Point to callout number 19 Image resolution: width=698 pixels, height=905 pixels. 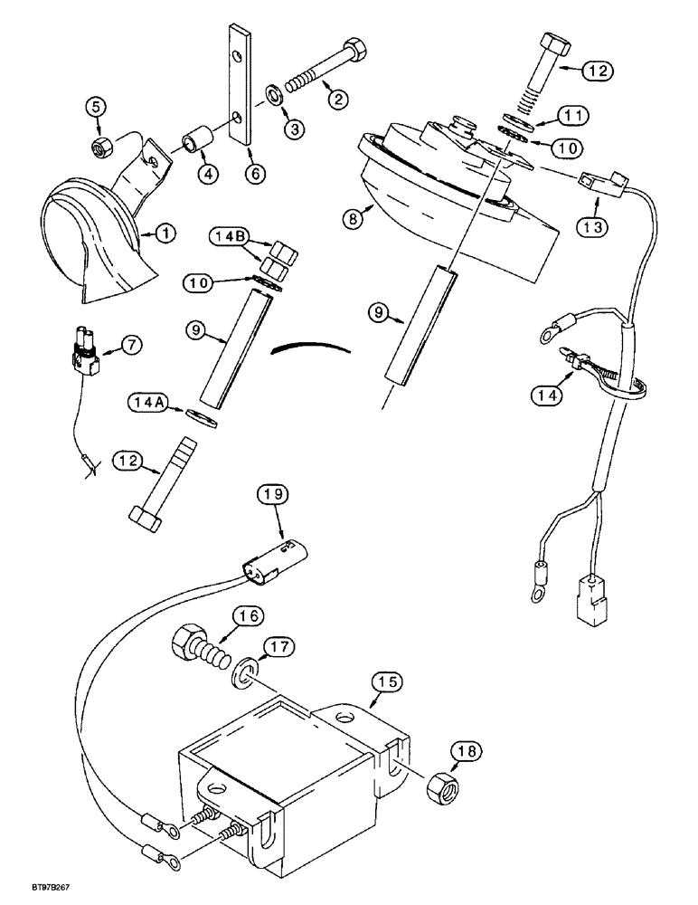click(x=275, y=495)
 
